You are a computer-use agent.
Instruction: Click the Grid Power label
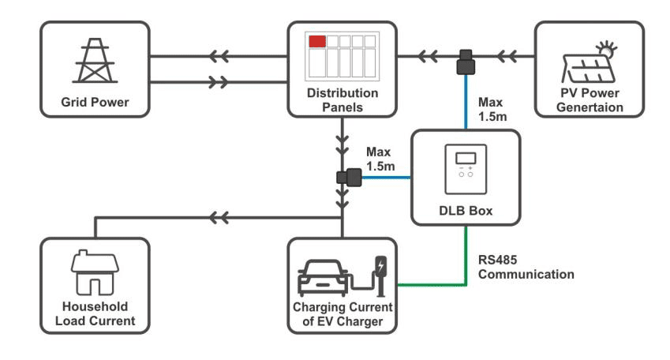[95, 103]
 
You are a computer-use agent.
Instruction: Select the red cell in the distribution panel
[317, 41]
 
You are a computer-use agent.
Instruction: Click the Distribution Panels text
[342, 99]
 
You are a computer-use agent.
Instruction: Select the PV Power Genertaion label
[588, 100]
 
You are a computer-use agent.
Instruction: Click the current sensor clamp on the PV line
[466, 62]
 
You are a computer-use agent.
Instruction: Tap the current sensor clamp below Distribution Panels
[348, 178]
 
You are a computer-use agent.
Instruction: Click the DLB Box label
[466, 211]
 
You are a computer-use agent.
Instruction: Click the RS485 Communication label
[526, 268]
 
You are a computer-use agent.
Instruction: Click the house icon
[95, 272]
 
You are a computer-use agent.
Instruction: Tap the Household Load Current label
[95, 313]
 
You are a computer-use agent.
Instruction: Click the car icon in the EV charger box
[324, 276]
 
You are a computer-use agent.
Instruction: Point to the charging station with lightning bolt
[382, 272]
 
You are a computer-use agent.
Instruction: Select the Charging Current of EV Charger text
[342, 313]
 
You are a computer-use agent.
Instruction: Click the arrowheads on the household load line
[220, 215]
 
